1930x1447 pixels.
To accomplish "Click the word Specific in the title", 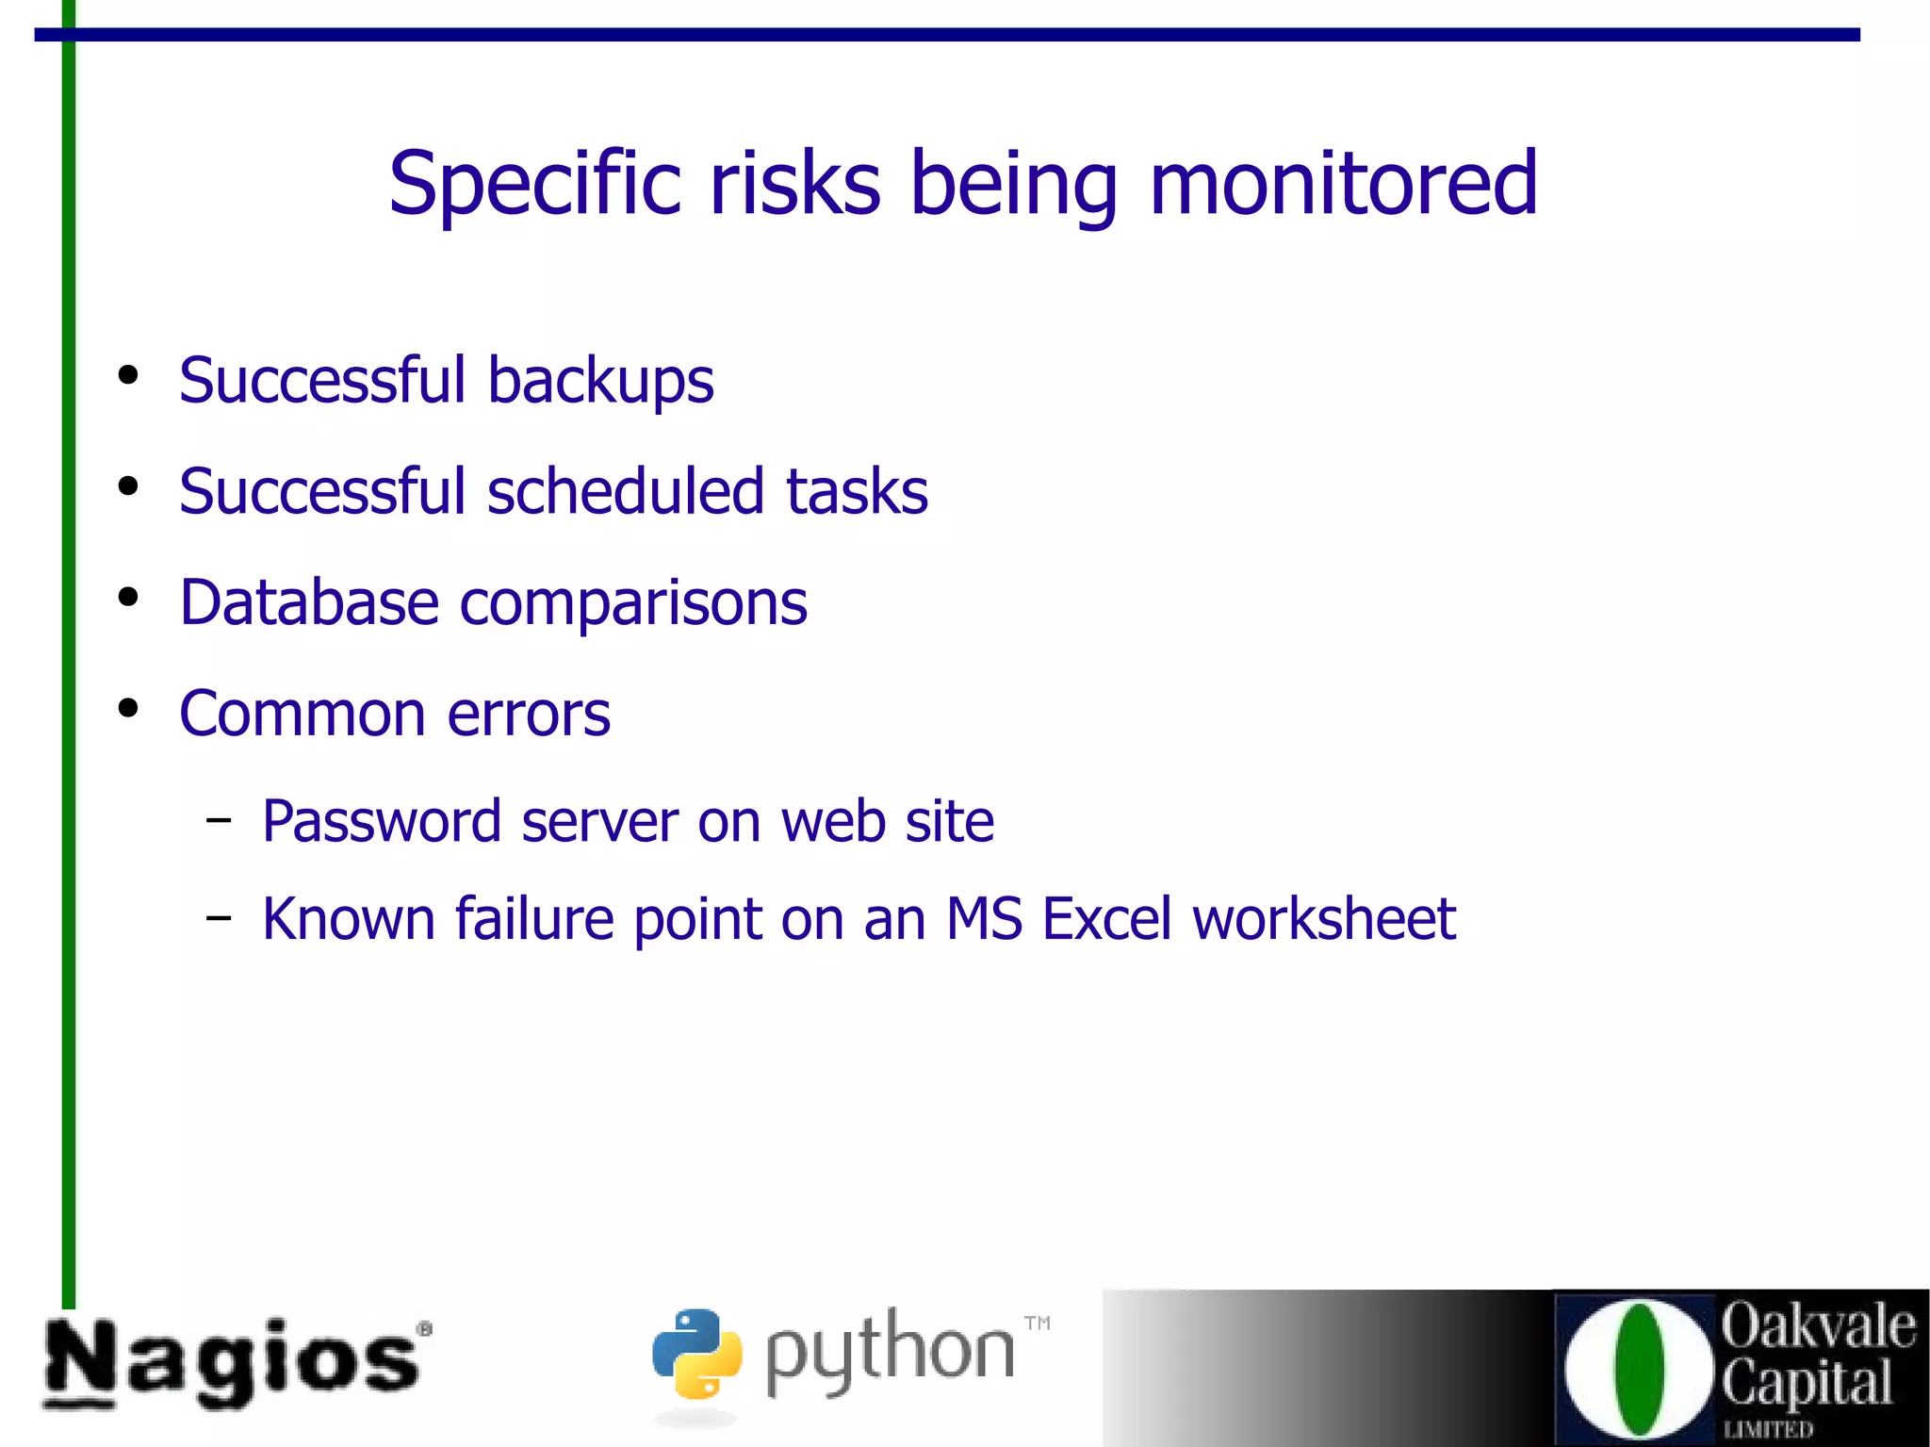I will click(x=534, y=183).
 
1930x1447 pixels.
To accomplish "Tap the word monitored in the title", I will click(x=1343, y=183).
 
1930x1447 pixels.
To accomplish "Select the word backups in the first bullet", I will click(x=600, y=381).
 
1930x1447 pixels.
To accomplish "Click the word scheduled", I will click(x=625, y=491).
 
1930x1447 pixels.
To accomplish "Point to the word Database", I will click(x=309, y=602).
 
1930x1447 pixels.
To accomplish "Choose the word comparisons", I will click(x=633, y=604).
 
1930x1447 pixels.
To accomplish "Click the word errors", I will click(x=529, y=714).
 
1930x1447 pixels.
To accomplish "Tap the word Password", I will click(x=381, y=821).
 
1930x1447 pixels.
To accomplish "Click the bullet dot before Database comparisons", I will click(x=128, y=597).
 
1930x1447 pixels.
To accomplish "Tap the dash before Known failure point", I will click(x=219, y=916).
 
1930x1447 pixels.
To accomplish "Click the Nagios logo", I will click(x=235, y=1362).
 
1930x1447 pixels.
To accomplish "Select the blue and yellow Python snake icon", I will click(x=696, y=1353).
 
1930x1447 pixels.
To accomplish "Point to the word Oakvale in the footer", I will click(x=1818, y=1326).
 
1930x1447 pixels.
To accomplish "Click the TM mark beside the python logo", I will click(x=1038, y=1323).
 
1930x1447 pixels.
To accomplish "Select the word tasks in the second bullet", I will click(x=857, y=491).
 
